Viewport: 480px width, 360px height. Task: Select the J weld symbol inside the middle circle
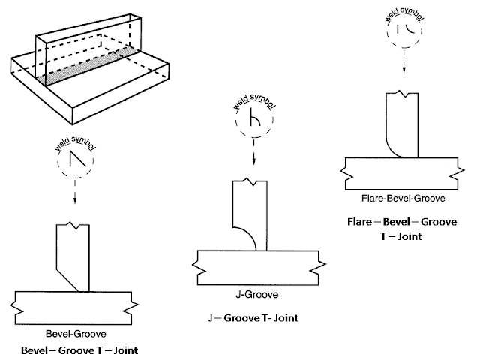coord(253,121)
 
